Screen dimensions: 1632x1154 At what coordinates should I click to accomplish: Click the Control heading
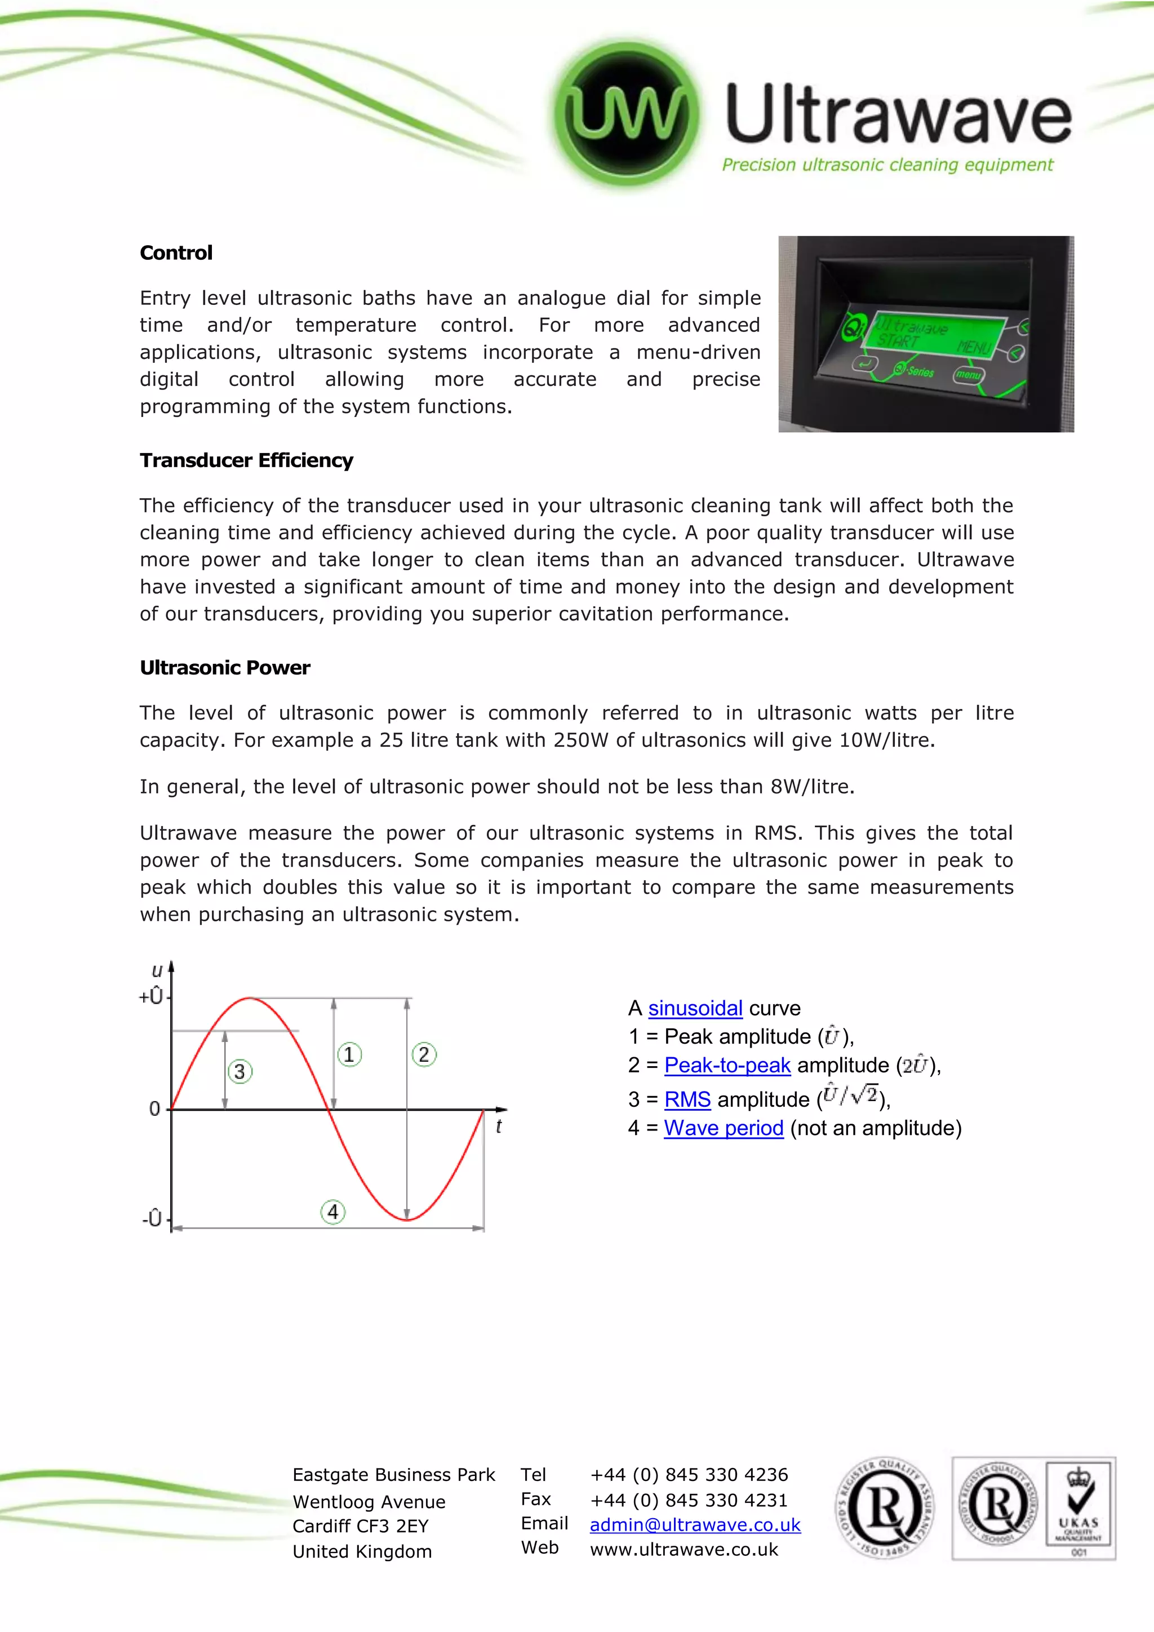(175, 253)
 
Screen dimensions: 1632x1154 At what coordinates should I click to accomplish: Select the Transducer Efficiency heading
(246, 460)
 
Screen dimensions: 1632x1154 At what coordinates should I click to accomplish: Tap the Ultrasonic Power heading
(225, 668)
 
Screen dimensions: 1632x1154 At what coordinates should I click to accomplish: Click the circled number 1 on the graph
(349, 1054)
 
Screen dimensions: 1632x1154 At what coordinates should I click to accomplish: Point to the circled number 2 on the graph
(424, 1054)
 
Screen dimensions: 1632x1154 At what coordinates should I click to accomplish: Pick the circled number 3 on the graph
(239, 1071)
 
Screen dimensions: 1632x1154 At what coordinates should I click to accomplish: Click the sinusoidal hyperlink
(695, 1008)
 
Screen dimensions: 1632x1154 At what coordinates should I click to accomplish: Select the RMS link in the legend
(687, 1099)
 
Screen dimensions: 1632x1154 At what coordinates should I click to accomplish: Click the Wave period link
(724, 1128)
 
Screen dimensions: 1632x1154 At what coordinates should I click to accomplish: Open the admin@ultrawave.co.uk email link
(695, 1525)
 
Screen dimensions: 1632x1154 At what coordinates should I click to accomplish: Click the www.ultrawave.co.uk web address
(683, 1550)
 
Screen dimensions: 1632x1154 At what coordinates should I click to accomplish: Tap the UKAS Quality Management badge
(1078, 1506)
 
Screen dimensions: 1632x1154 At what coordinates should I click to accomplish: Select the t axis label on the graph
(499, 1127)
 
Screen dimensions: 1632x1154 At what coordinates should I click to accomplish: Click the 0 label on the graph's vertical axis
(154, 1109)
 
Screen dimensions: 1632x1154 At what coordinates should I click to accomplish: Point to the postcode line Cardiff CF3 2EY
(360, 1526)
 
